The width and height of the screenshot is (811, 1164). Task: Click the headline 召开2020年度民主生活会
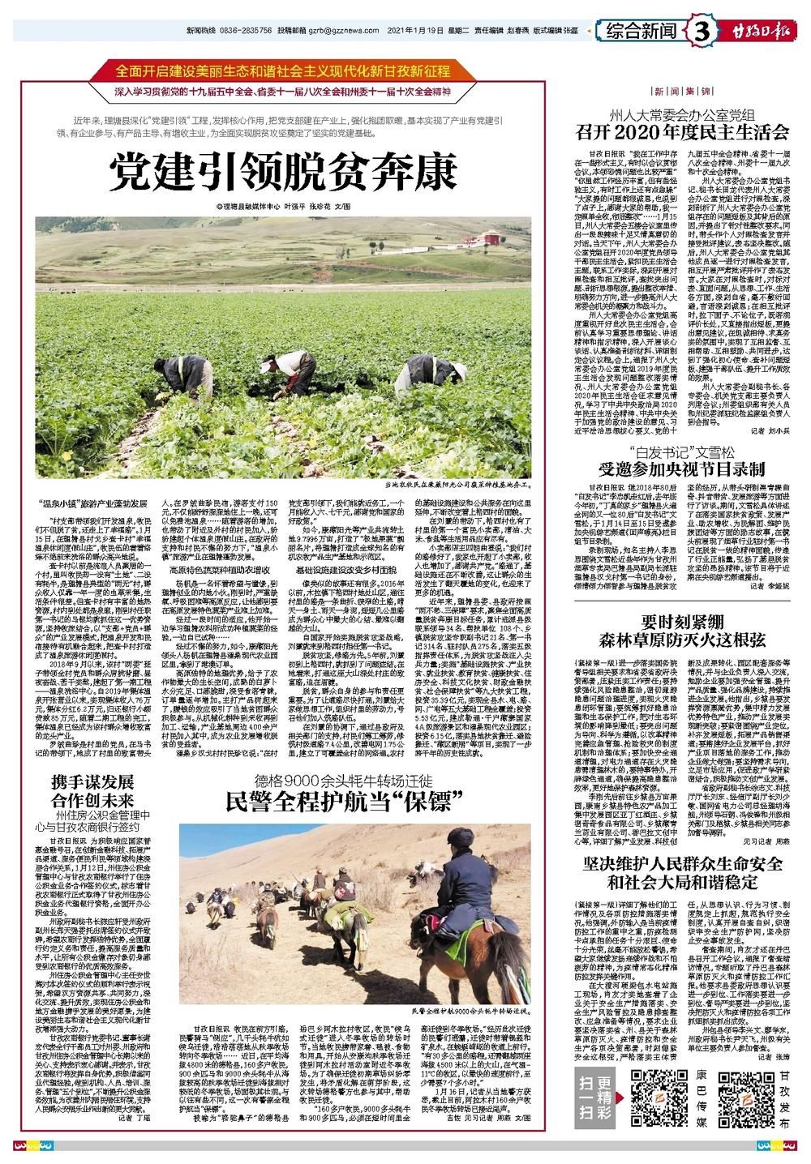tap(682, 131)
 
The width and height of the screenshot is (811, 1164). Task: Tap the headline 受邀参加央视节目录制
tap(682, 469)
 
